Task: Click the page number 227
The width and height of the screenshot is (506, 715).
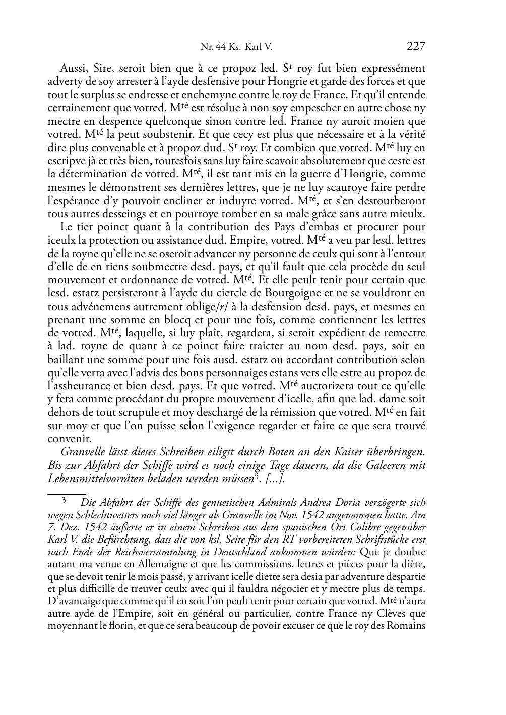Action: (416, 47)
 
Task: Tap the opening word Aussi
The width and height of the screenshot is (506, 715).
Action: (74, 68)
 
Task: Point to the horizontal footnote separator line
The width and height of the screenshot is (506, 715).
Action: (67, 489)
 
